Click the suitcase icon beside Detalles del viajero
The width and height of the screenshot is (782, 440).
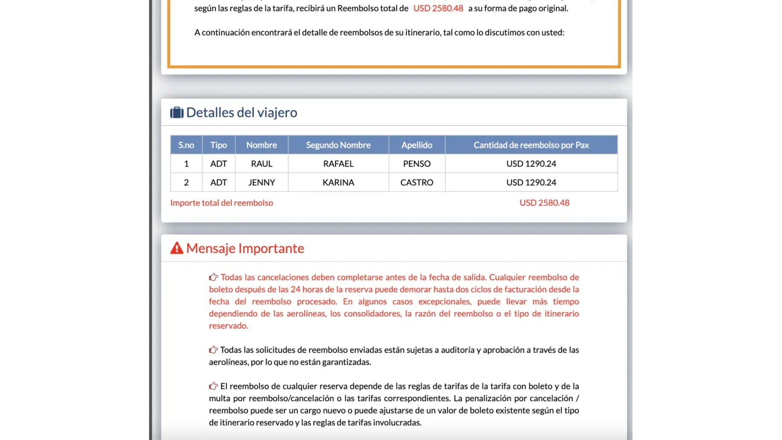[x=177, y=113]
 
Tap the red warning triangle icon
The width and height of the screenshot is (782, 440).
[x=177, y=248]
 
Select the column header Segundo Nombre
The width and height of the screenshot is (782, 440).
[x=338, y=145]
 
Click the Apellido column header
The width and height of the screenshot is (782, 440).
[x=417, y=145]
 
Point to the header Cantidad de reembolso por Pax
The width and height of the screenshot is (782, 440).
[x=531, y=145]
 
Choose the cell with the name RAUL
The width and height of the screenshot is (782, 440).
[x=262, y=164]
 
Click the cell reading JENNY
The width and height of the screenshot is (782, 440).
[x=262, y=183]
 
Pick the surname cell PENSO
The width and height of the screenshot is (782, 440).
[x=417, y=164]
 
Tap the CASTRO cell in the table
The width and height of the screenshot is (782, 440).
[x=417, y=183]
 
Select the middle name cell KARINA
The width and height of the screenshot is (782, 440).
[x=338, y=183]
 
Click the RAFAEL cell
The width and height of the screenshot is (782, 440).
[x=338, y=164]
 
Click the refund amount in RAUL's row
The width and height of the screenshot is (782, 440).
[x=531, y=164]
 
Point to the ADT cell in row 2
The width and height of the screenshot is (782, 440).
[x=219, y=183]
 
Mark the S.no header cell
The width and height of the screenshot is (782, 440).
[x=186, y=145]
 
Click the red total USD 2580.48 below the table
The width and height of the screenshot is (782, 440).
[x=544, y=203]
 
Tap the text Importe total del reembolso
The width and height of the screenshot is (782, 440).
[x=222, y=203]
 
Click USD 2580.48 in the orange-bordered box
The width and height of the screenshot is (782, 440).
[x=438, y=8]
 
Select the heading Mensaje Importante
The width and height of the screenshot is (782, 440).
[x=245, y=249]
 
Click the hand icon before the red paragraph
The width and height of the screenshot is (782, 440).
[x=213, y=277]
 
